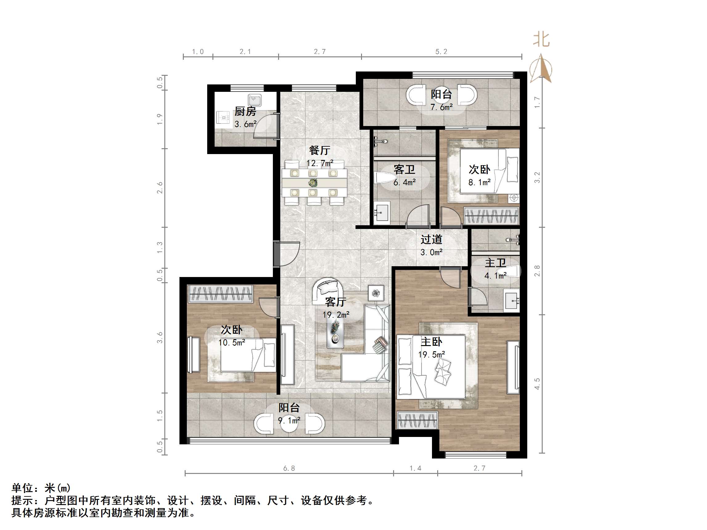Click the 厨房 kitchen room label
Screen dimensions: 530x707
[245, 112]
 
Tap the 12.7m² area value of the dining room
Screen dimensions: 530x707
[320, 163]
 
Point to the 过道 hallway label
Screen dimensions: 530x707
[431, 239]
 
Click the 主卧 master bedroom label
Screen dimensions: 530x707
[431, 342]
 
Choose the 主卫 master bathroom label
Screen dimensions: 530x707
[495, 263]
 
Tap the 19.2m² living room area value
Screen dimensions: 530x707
[335, 315]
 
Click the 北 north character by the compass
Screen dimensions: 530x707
[541, 40]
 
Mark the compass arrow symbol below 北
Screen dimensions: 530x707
[541, 69]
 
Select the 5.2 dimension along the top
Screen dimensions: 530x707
[441, 52]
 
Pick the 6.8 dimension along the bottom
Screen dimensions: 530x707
[289, 468]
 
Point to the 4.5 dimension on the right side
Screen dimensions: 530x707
[537, 383]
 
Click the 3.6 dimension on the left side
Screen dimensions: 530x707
[160, 338]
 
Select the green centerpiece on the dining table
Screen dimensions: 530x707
[313, 183]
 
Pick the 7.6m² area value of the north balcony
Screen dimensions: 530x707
[442, 107]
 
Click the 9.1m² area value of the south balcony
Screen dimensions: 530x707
[289, 420]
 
